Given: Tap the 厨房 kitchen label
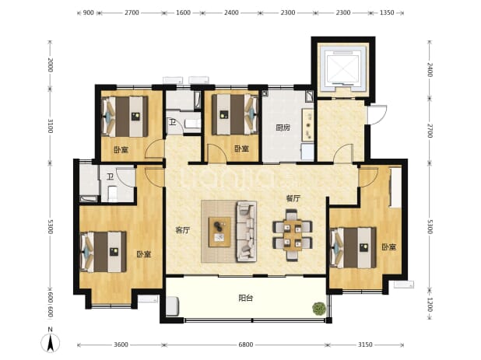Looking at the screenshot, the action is point(283,128).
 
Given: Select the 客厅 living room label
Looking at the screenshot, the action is point(183,230).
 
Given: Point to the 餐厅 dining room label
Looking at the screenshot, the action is point(293,198).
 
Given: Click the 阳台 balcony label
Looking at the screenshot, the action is point(246,298).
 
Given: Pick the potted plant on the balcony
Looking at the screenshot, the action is point(319,308).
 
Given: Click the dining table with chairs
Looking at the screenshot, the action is point(293,235).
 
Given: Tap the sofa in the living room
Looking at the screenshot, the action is point(246,232).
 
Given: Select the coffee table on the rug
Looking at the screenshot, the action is point(219,232).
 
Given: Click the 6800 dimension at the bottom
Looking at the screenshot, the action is point(246,344).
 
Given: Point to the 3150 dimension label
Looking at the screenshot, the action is point(365,344).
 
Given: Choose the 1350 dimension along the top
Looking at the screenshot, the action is point(387,12).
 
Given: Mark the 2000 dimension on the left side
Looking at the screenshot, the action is point(51,65).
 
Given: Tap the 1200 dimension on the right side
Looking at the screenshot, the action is point(430,305).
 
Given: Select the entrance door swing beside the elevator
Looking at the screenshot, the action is point(377,115).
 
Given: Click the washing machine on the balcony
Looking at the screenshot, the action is point(172,306).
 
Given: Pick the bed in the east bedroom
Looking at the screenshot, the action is point(353,247).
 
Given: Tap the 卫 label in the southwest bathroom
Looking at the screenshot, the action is point(110,177).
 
